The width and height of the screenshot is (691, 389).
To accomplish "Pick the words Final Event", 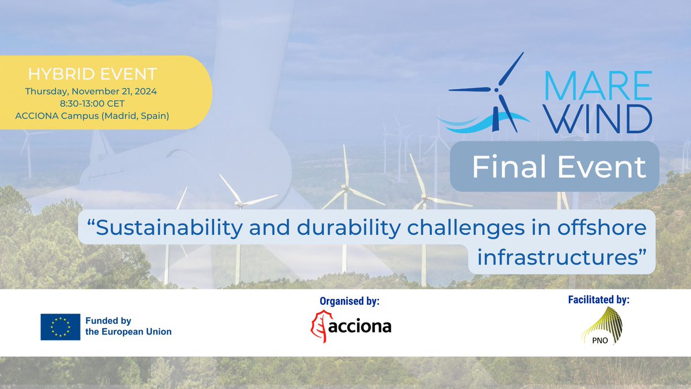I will click(559, 167).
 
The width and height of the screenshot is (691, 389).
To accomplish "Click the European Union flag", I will click(60, 327).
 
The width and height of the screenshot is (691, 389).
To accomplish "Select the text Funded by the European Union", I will click(128, 327).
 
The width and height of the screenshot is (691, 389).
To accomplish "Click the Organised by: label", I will click(350, 301).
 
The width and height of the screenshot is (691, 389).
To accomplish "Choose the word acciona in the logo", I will click(360, 327).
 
